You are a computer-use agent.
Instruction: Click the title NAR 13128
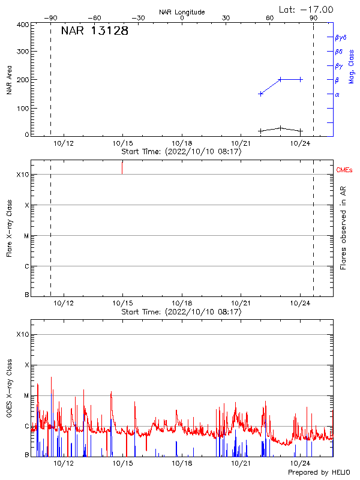95,31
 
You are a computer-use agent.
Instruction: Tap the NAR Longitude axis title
182,12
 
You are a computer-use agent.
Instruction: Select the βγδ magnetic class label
341,37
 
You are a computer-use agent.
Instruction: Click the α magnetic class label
337,94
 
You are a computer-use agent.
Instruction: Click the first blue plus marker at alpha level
260,94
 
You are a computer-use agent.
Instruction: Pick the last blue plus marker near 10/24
301,79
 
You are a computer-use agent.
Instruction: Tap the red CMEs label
345,170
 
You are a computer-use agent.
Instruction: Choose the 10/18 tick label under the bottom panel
182,463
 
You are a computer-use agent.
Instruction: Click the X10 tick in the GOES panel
22,334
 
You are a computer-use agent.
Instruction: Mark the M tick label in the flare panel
26,236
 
